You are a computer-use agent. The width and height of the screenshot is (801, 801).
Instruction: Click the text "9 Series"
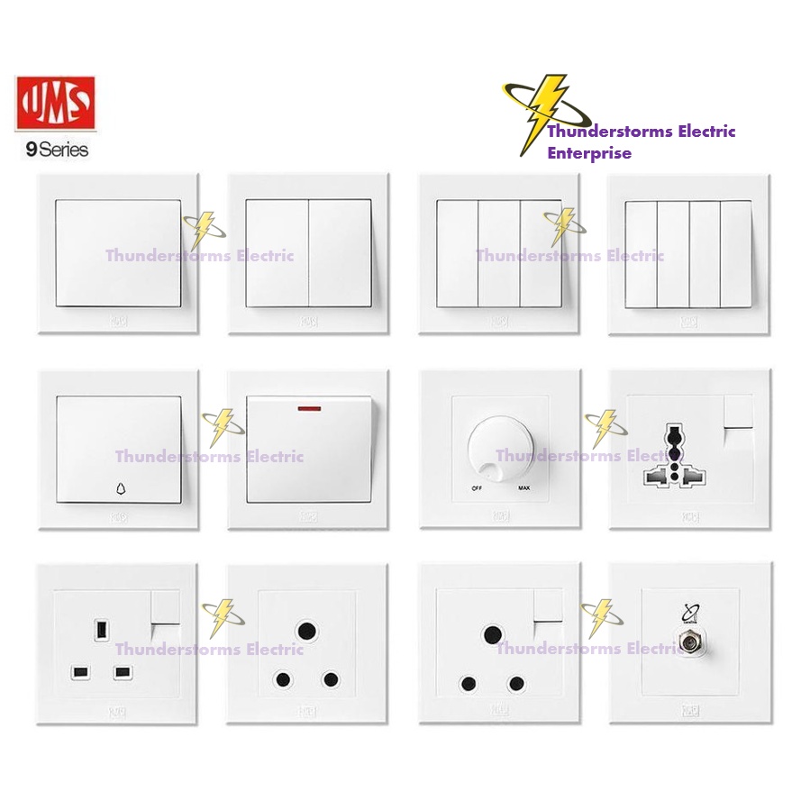coord(57,150)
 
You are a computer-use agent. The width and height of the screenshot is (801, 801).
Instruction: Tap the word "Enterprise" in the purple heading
coord(589,153)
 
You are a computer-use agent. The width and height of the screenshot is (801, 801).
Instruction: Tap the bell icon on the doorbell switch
coord(121,490)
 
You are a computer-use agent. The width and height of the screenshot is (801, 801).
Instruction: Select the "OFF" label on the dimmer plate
coord(475,488)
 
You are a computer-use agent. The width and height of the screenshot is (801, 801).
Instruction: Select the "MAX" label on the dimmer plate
coord(523,488)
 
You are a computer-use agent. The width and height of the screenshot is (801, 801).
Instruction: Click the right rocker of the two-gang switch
coord(340,253)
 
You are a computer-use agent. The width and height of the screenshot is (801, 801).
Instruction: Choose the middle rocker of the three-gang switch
coord(498,253)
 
